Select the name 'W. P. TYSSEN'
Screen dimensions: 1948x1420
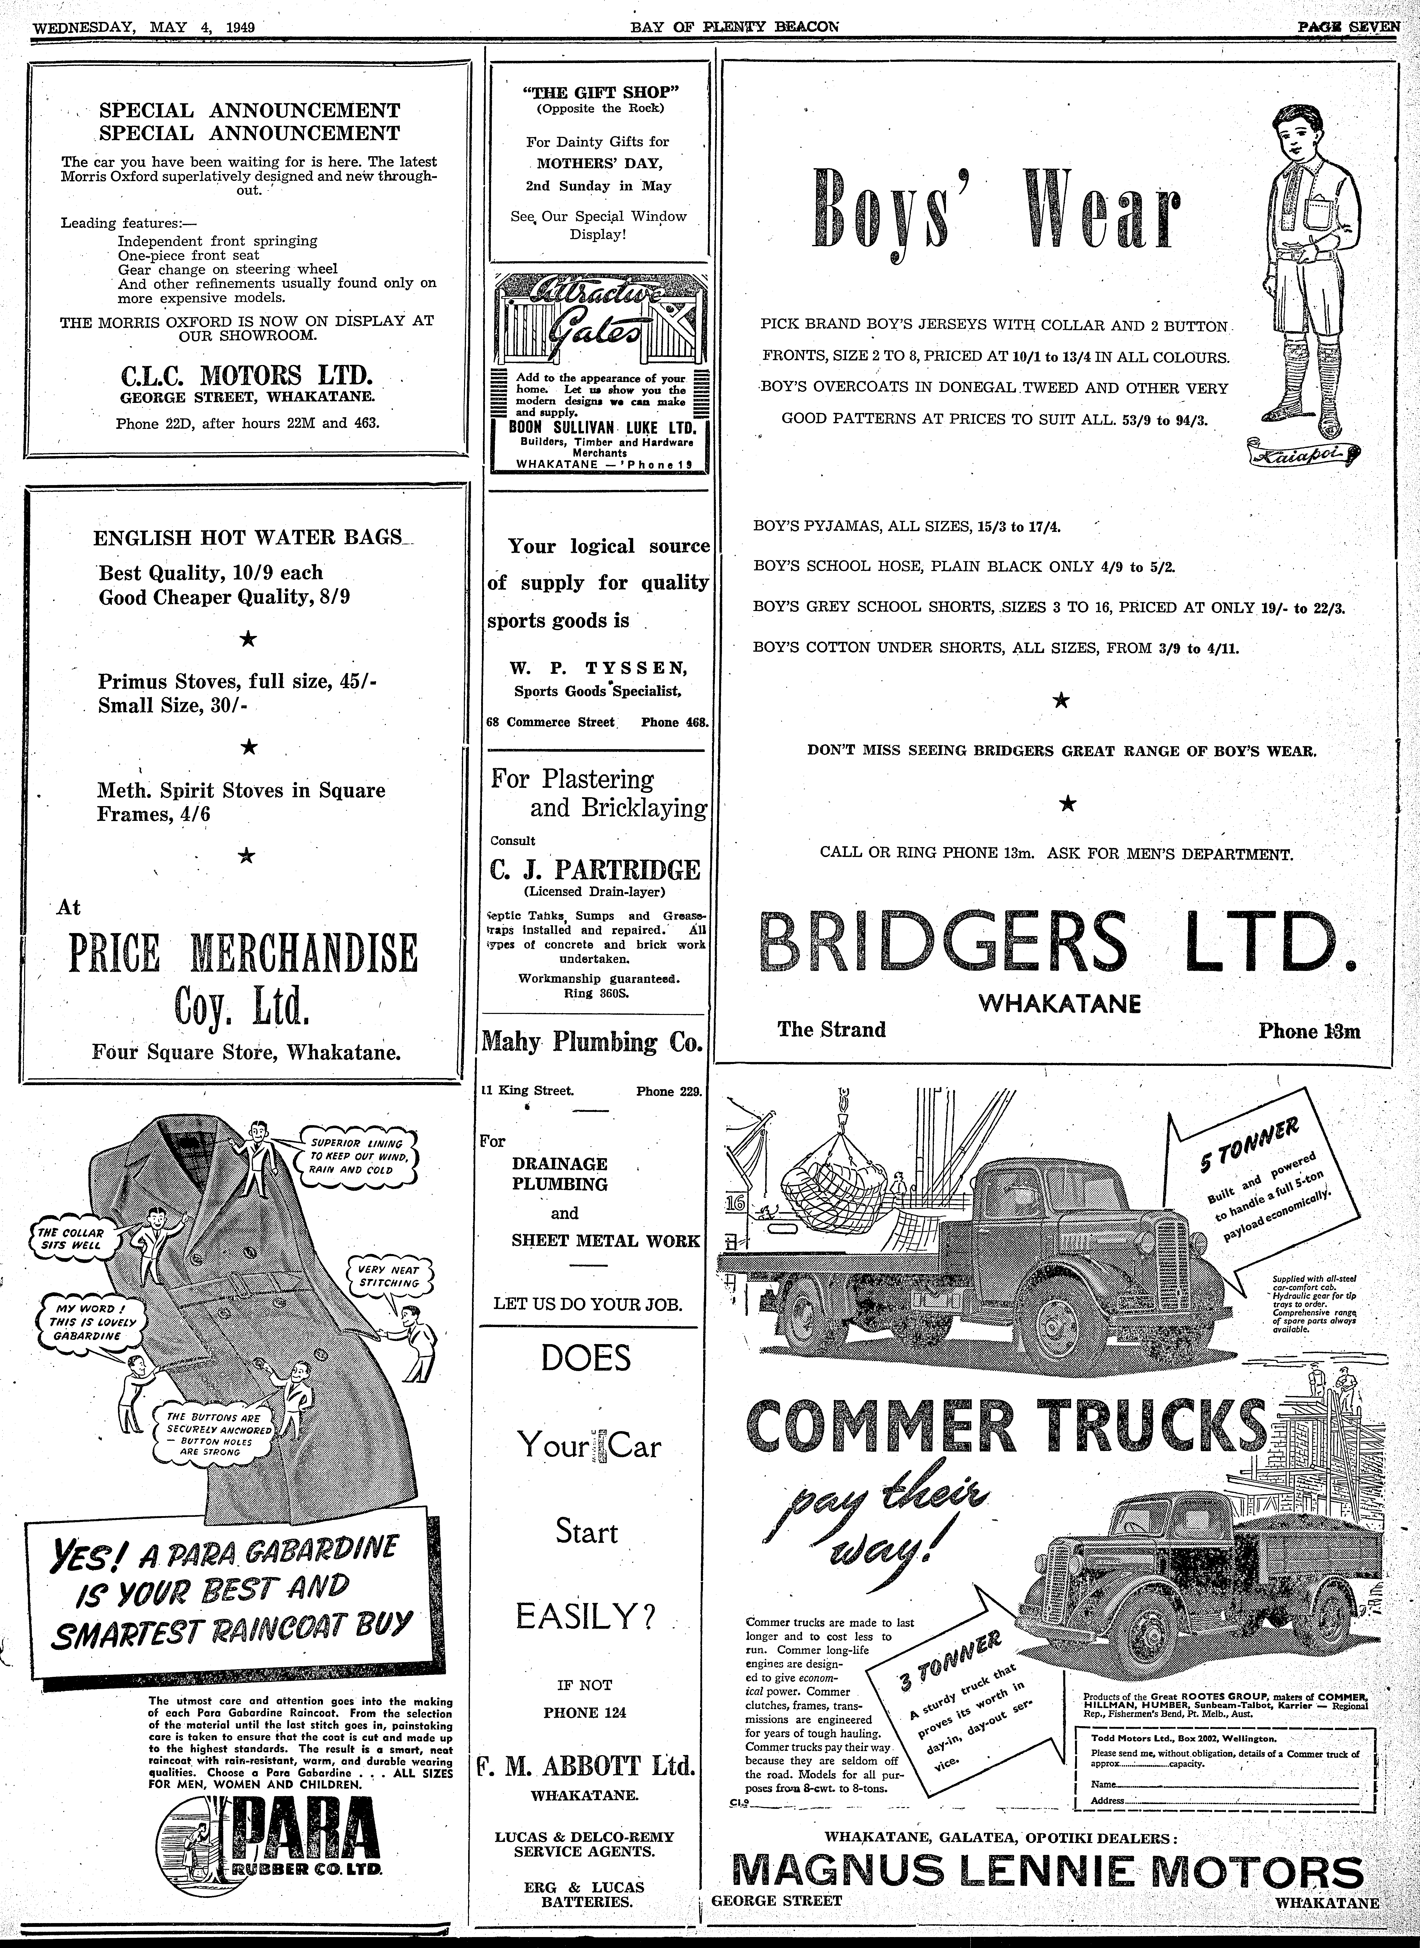pos(597,668)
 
